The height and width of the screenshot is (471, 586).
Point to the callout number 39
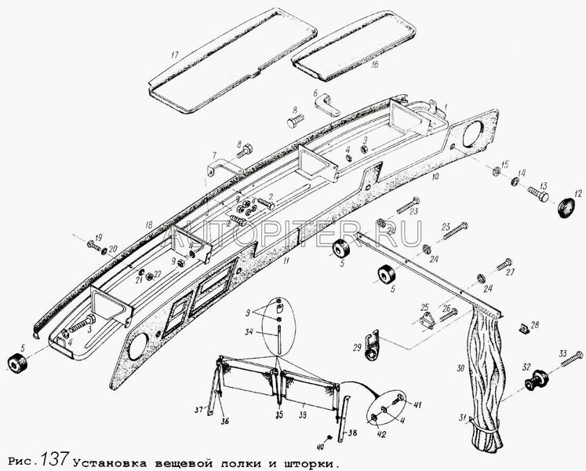304,406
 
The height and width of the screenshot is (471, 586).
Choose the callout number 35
278,410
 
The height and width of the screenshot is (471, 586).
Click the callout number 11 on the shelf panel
287,260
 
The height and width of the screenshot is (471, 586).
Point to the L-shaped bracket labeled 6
324,102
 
